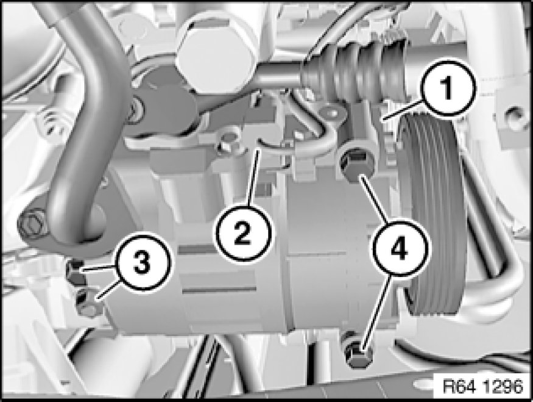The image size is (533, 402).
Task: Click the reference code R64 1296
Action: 482,386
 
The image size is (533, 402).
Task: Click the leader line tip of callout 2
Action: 259,151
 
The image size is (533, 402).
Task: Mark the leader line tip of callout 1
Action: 383,119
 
